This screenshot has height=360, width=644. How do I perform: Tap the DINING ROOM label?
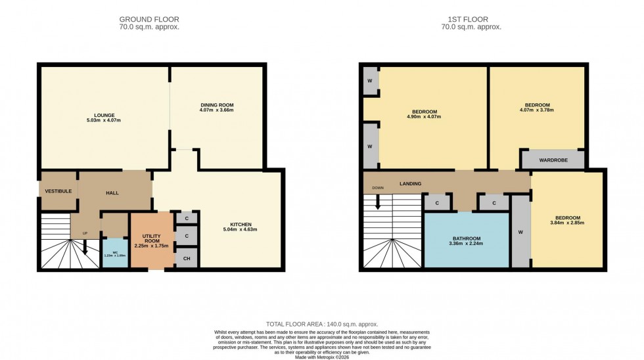[x=217, y=105]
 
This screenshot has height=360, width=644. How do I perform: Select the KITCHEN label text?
[x=240, y=224]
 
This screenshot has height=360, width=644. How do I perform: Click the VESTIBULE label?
[x=58, y=191]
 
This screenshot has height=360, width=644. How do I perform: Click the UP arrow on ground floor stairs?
[x=85, y=248]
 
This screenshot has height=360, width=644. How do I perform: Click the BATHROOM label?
[x=465, y=238]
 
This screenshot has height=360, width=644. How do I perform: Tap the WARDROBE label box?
[x=553, y=159]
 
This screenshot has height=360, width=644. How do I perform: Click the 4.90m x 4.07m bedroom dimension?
[x=425, y=117]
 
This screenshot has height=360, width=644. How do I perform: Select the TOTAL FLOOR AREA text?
[x=321, y=325]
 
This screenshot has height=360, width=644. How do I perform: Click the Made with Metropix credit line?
[x=321, y=357]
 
